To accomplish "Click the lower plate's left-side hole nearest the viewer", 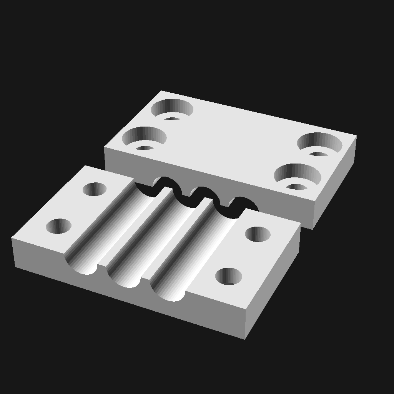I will tap(58, 226).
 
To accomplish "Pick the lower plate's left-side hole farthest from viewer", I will tap(95, 189).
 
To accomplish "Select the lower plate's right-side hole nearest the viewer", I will tap(229, 276).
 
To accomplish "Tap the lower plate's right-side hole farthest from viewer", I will tap(258, 234).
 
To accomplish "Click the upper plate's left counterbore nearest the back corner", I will tap(172, 108).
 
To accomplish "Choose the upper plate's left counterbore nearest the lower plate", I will tap(144, 137).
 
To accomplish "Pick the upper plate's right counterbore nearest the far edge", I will tap(319, 143).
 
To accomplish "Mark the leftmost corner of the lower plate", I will tap(12, 239).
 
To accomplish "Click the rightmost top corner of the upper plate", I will tap(356, 136).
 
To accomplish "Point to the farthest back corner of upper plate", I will tap(161, 91).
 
